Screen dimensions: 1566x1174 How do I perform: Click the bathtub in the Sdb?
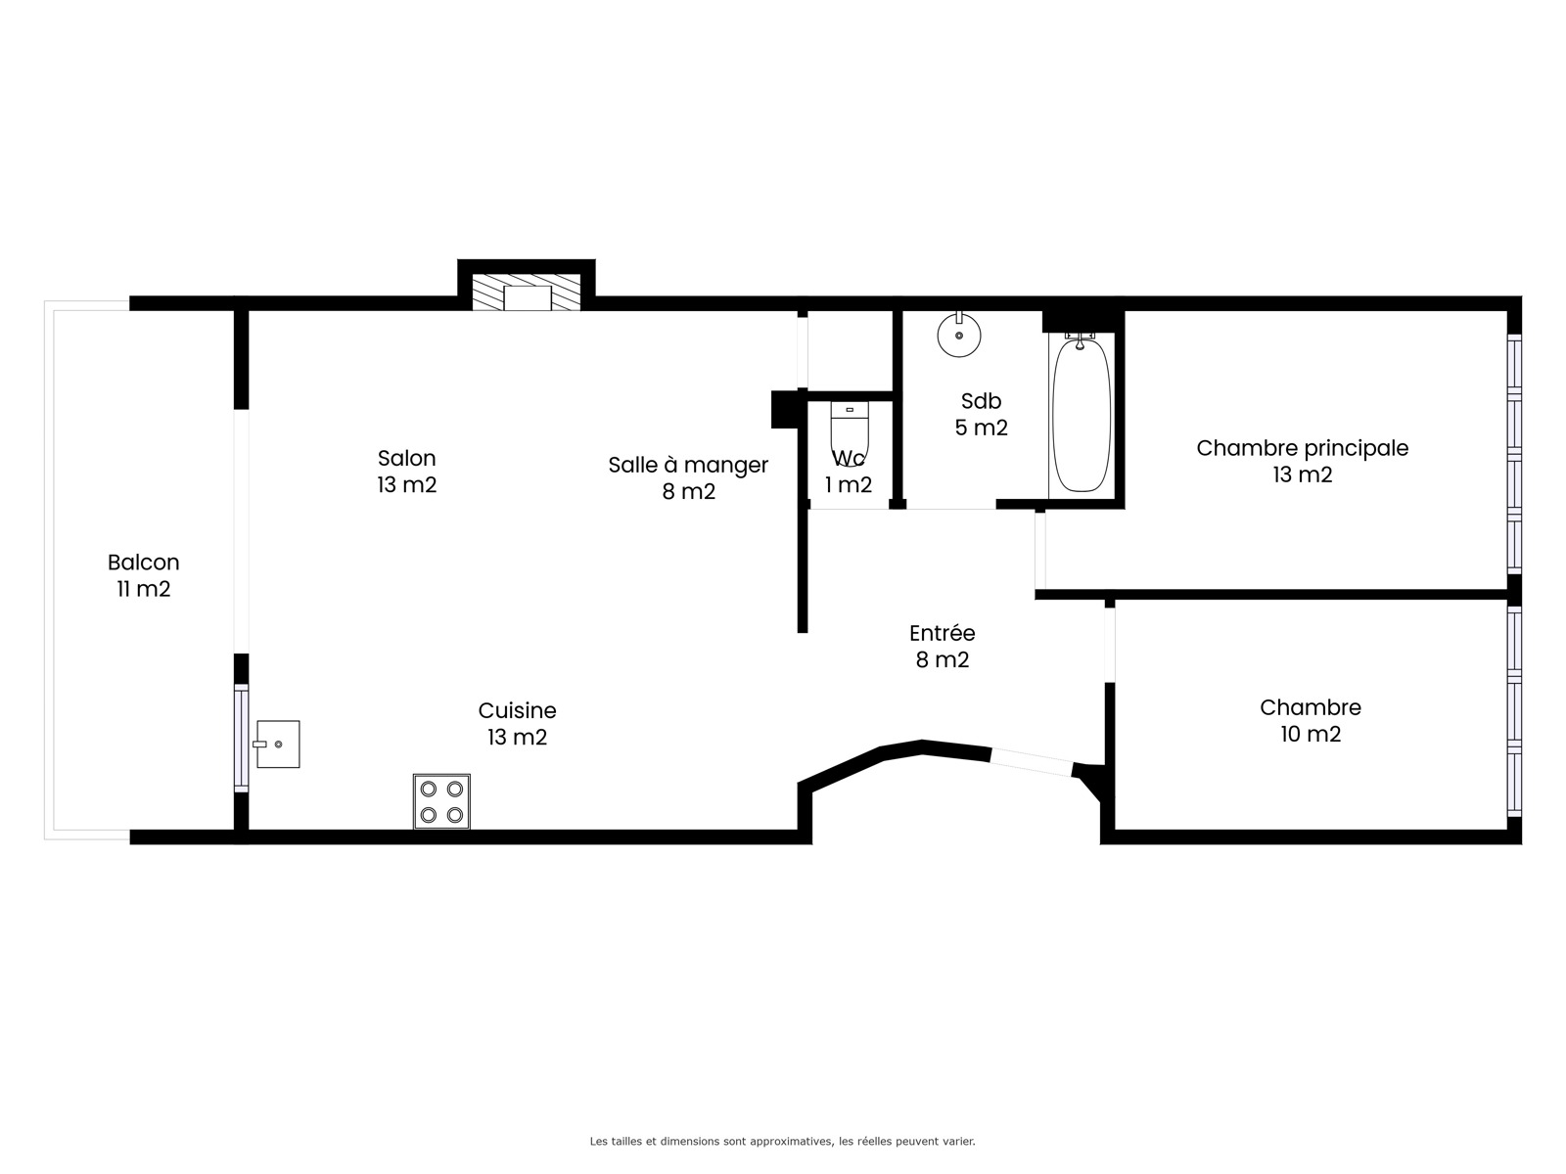click(1082, 415)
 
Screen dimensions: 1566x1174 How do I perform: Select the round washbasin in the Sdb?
click(959, 335)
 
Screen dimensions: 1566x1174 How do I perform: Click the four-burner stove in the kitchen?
click(441, 801)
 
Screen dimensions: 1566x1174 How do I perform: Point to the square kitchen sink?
click(277, 745)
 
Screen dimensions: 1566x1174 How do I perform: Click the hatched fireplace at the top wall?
click(527, 293)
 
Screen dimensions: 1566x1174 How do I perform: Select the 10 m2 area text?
click(1311, 734)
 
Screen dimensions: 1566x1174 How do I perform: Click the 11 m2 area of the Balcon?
click(144, 590)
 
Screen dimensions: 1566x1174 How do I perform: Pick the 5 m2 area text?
click(981, 428)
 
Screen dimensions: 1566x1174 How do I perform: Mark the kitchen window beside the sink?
click(242, 739)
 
